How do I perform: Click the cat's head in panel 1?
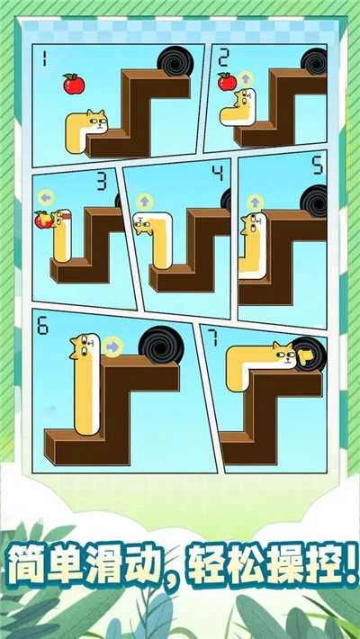(x=94, y=120)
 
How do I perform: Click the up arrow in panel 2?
(x=245, y=80)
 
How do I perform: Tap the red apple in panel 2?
(x=227, y=82)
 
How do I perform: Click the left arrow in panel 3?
(x=44, y=197)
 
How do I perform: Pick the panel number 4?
(x=216, y=171)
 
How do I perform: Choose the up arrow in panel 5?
(x=255, y=202)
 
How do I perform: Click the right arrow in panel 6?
(x=112, y=346)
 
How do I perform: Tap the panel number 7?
(x=214, y=338)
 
